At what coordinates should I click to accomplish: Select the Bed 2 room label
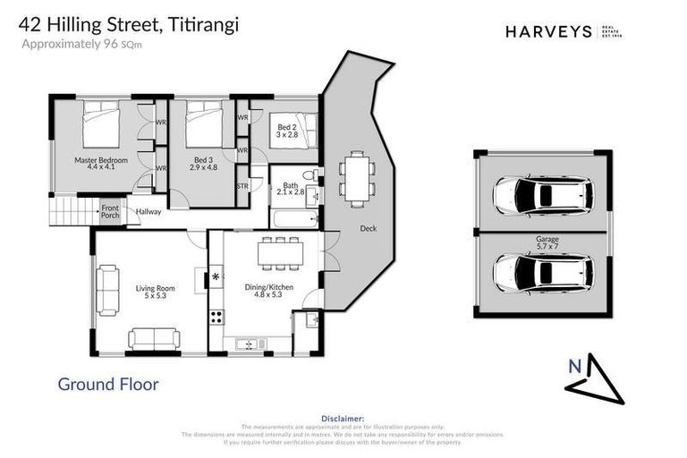point(286,131)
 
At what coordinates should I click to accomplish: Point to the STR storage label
point(242,185)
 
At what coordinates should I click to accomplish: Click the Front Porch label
point(110,211)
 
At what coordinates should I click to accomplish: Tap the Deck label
point(368,228)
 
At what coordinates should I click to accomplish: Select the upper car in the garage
point(542,194)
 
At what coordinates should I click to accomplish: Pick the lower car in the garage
point(542,273)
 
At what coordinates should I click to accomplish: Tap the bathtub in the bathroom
point(293,217)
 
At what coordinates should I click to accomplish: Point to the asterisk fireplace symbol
point(215,278)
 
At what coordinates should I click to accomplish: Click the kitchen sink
point(245,343)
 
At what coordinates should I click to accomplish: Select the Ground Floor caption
point(108,385)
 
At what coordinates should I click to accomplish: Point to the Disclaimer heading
point(343,418)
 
